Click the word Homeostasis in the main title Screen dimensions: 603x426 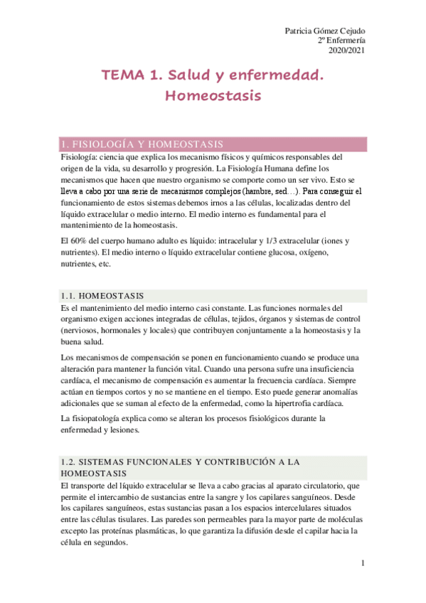tap(213, 95)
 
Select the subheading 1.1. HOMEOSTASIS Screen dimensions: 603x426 tap(102, 295)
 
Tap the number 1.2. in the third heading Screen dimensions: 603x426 tap(71, 461)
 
